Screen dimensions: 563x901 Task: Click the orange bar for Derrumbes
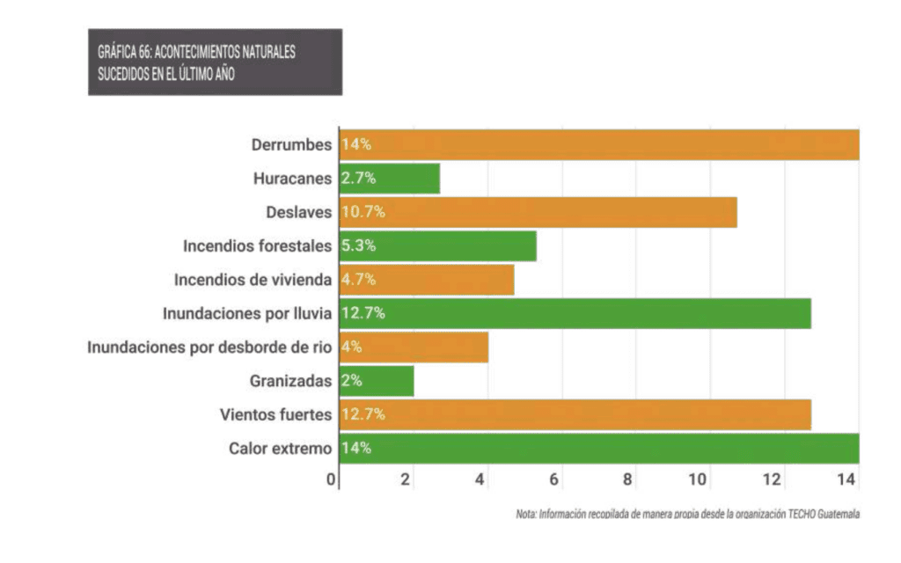click(598, 145)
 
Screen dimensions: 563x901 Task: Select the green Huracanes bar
click(389, 179)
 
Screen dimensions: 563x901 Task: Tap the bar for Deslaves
click(538, 212)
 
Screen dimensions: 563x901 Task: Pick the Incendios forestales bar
click(437, 246)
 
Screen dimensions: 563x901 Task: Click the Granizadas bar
click(377, 381)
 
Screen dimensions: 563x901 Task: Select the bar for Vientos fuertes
click(575, 414)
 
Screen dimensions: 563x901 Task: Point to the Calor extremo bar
click(598, 449)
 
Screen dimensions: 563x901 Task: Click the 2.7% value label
click(358, 179)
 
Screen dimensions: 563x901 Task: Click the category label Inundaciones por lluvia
click(247, 313)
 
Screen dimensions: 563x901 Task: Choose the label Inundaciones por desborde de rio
click(209, 347)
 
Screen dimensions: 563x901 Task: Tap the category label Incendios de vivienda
click(253, 280)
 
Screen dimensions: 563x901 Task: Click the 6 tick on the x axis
click(554, 479)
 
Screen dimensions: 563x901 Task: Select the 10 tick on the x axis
click(699, 479)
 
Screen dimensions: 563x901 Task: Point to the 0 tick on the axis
click(331, 479)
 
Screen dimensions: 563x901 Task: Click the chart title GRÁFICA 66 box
click(215, 62)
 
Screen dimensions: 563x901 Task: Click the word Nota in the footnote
click(526, 515)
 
